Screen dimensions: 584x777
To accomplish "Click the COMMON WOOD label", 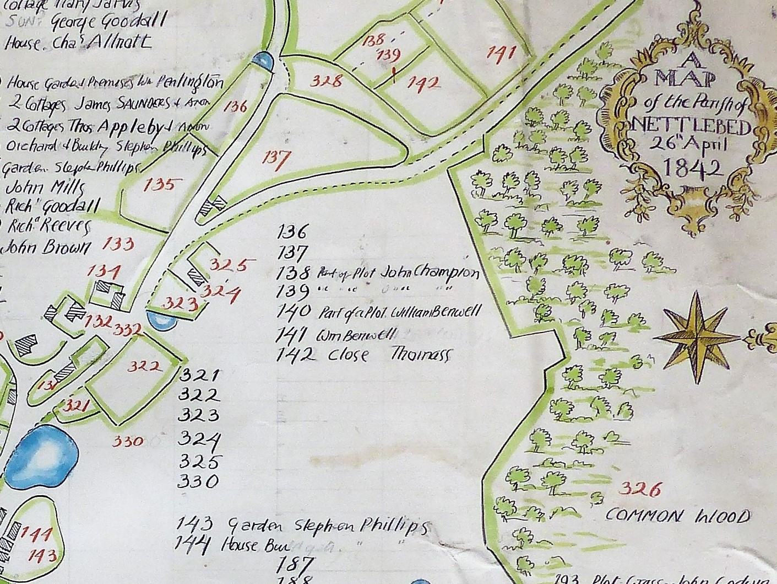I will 677,516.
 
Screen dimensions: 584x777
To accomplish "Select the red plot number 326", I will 639,489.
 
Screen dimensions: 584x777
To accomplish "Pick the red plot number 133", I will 119,243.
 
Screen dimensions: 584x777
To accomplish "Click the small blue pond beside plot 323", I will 160,320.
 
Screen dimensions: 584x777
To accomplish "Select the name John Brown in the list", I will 46,248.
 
